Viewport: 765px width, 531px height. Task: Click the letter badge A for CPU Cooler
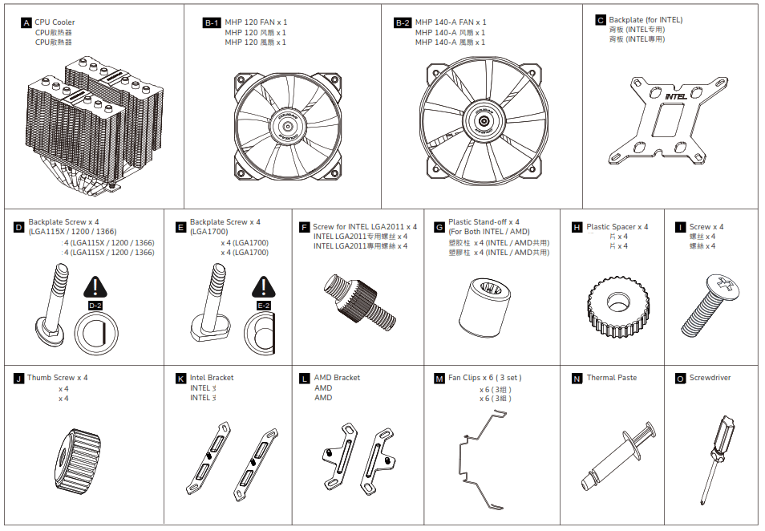pos(27,23)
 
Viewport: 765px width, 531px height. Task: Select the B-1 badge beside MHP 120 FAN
pos(212,23)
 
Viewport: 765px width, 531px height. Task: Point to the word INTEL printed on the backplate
pos(676,98)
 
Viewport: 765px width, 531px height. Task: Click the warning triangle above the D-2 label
pos(95,287)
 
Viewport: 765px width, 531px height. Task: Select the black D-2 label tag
pos(95,306)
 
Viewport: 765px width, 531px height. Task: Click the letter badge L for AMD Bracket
pos(304,378)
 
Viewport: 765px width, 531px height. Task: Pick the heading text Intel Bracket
pos(212,378)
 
